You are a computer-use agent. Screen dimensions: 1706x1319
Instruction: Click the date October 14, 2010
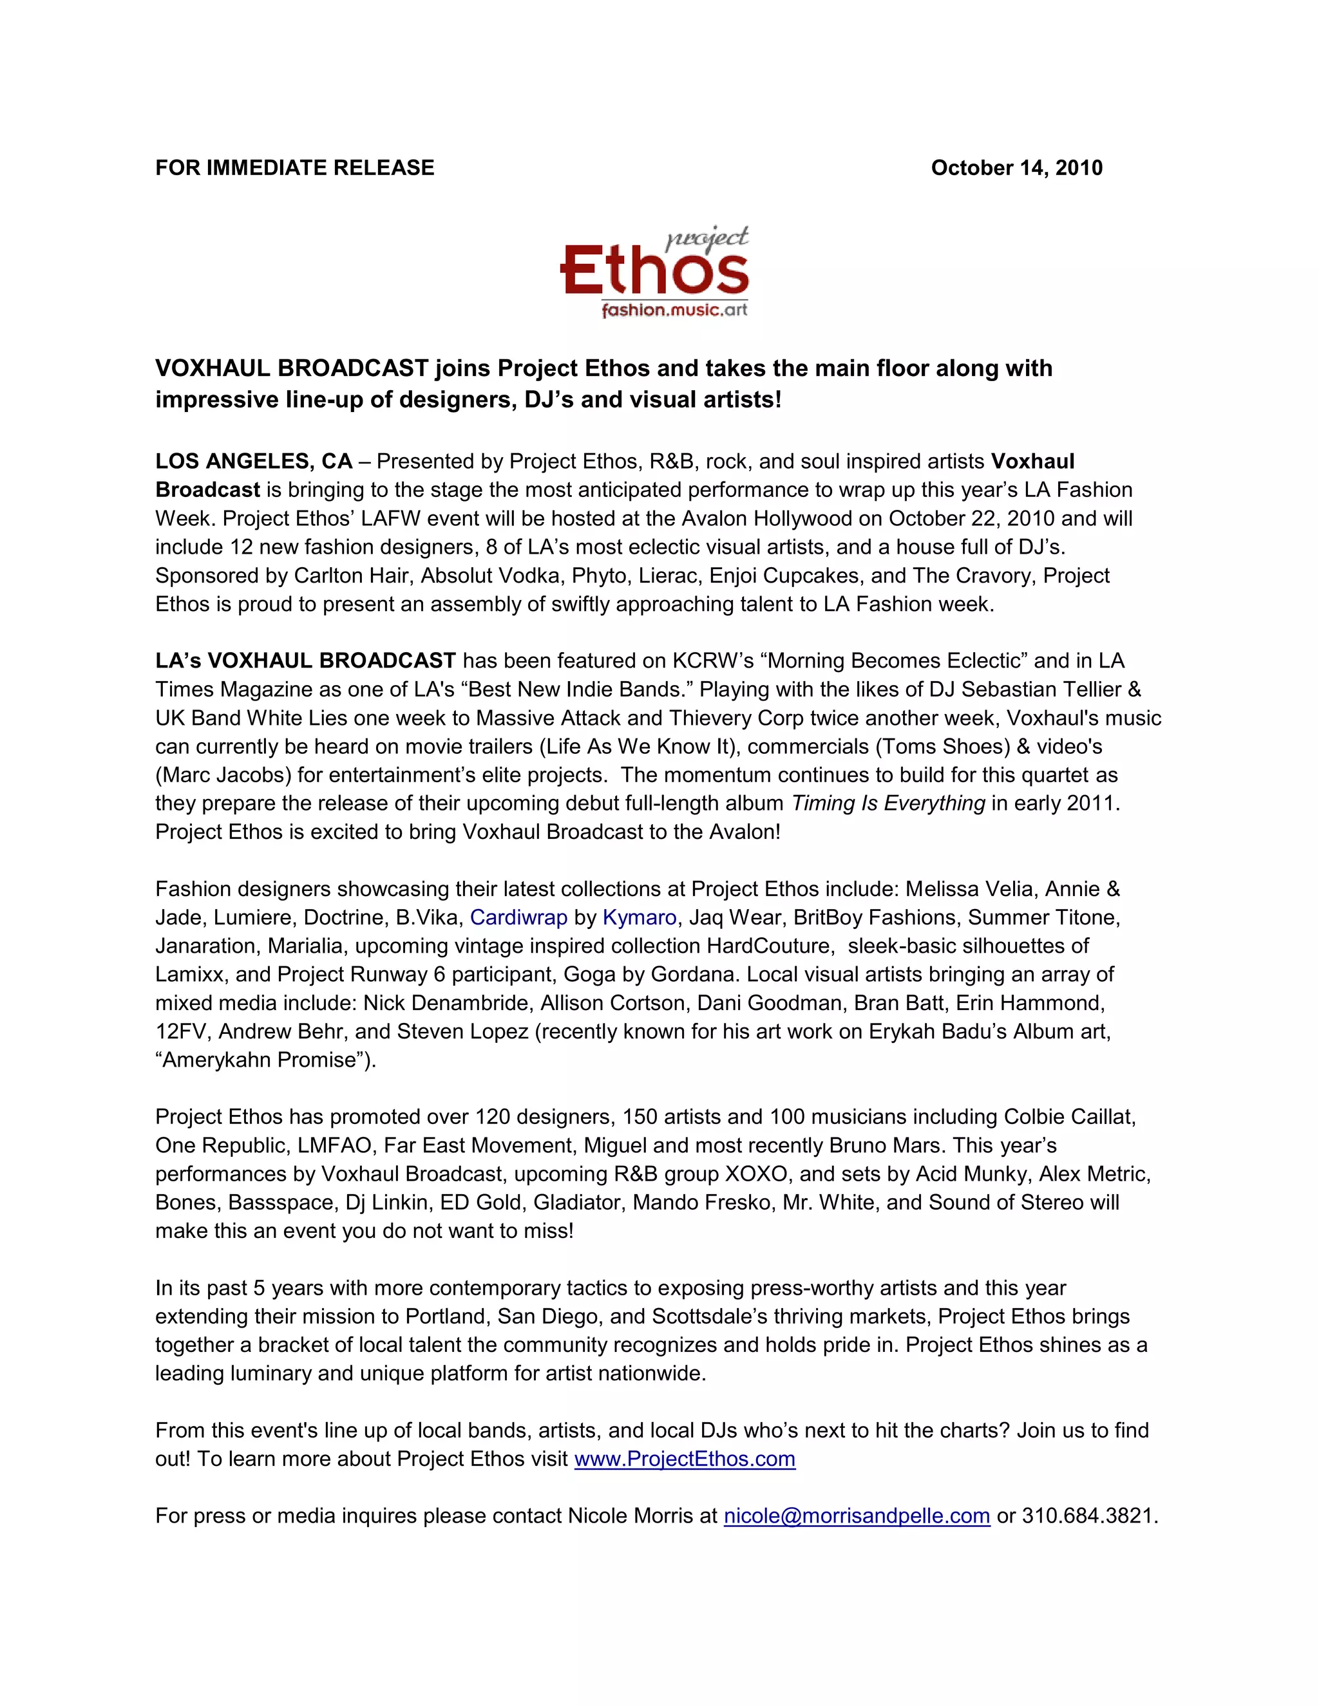click(1016, 168)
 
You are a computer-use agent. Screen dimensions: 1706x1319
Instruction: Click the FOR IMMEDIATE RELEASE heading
click(294, 168)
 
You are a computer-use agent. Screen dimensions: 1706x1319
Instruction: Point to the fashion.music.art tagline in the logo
click(674, 310)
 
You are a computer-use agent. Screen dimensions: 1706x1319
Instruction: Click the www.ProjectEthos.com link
click(685, 1459)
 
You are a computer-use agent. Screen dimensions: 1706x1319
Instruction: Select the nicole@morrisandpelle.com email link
click(857, 1516)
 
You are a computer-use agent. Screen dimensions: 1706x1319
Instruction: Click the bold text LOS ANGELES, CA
click(253, 461)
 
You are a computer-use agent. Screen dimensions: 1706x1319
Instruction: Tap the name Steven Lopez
click(462, 1031)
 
